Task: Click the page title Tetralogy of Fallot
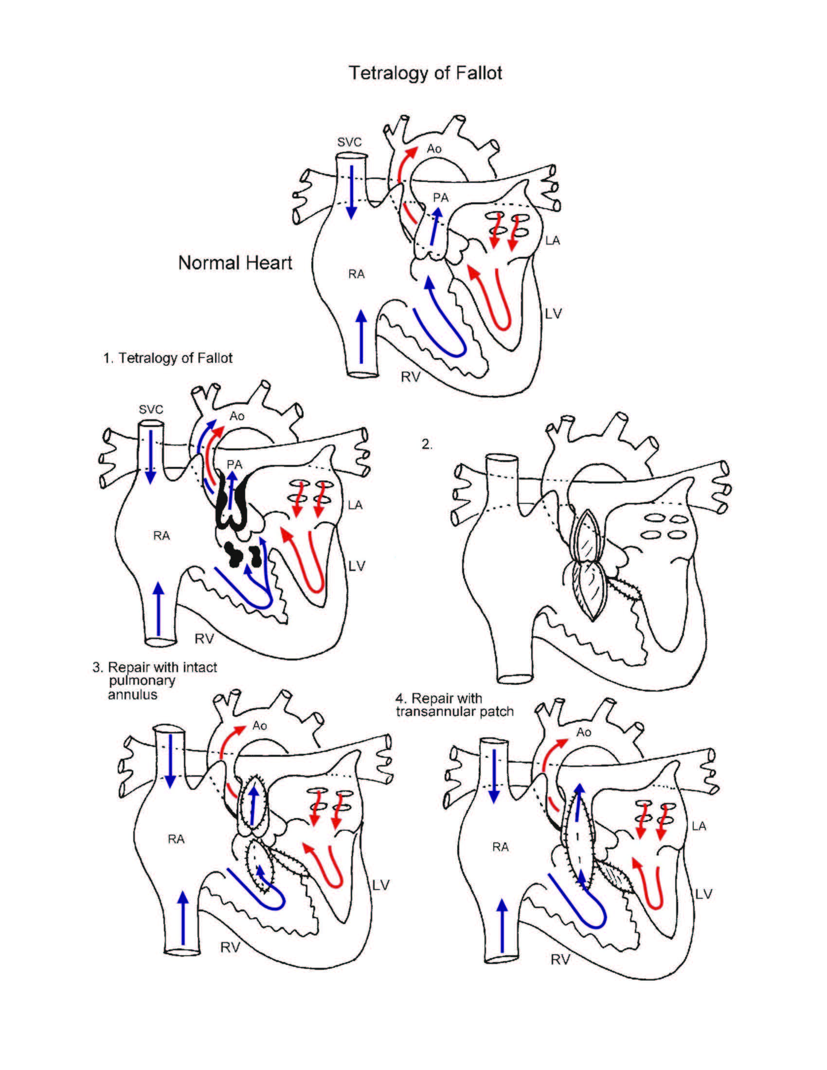[425, 73]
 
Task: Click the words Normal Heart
[234, 263]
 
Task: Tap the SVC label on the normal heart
[349, 142]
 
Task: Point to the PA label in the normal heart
[440, 197]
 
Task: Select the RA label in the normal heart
[356, 274]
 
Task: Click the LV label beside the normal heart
[553, 314]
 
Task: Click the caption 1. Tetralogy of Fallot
[167, 358]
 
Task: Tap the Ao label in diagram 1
[236, 416]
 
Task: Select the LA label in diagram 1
[355, 505]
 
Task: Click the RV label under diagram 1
[204, 639]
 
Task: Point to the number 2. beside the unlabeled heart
[427, 445]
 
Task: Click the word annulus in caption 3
[132, 695]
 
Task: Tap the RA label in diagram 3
[176, 839]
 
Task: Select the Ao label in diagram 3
[260, 726]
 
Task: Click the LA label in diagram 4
[699, 826]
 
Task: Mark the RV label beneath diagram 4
[560, 960]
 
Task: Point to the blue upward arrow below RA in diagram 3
[183, 916]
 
